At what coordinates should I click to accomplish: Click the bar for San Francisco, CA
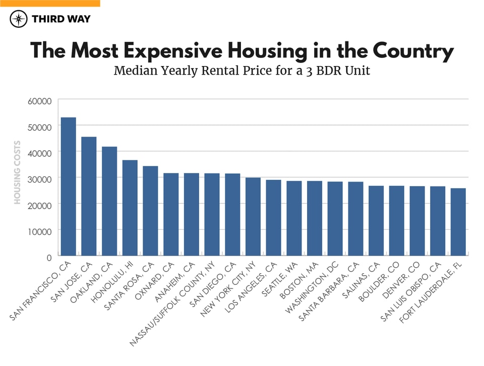68,187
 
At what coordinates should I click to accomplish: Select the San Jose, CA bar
89,196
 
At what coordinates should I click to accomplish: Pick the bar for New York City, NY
253,216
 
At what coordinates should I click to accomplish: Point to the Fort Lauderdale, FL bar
458,222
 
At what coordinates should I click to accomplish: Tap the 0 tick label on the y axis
49,257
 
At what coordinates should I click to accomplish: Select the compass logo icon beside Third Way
19,19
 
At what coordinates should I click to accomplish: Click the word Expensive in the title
171,52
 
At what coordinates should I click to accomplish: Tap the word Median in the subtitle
133,71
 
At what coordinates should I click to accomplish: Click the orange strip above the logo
50,3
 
